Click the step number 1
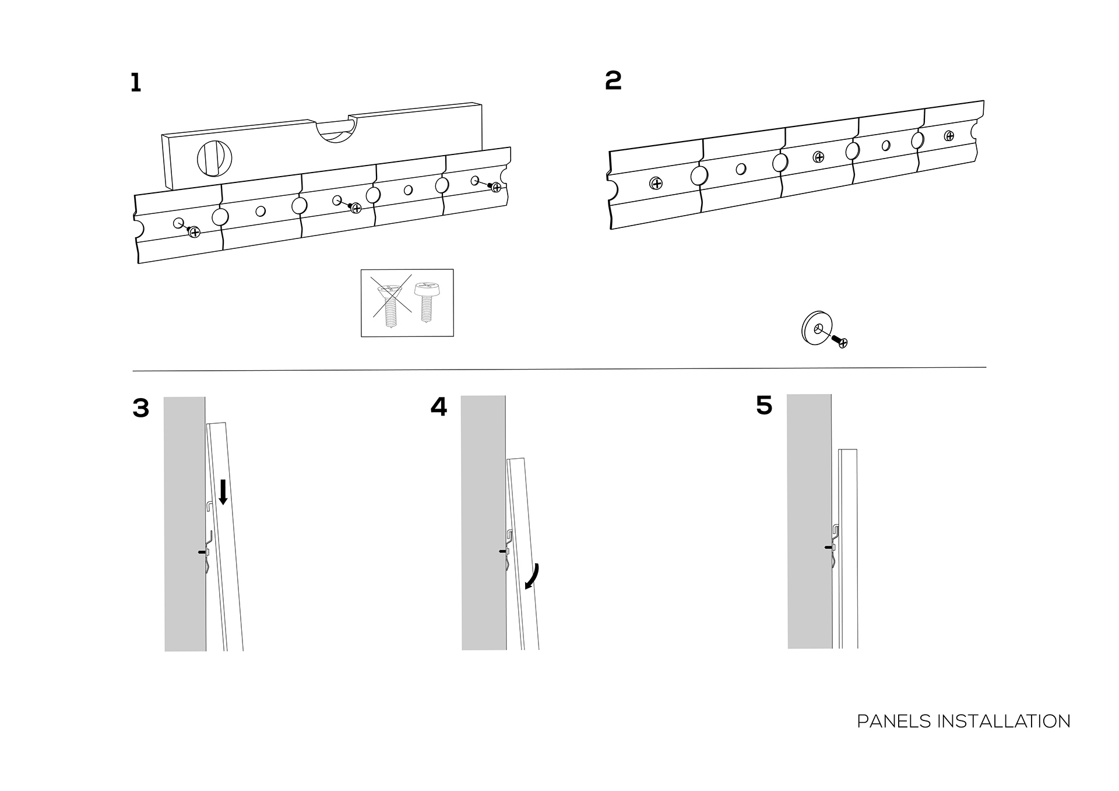(135, 83)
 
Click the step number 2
(613, 80)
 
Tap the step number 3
(140, 408)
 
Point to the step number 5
(763, 405)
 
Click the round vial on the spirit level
(215, 158)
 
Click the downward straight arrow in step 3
(223, 492)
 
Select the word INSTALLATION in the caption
(1003, 722)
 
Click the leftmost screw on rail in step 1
(194, 233)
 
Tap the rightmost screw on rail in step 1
(496, 187)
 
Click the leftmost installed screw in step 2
(656, 184)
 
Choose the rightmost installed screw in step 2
(949, 136)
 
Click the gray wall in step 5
(809, 525)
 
